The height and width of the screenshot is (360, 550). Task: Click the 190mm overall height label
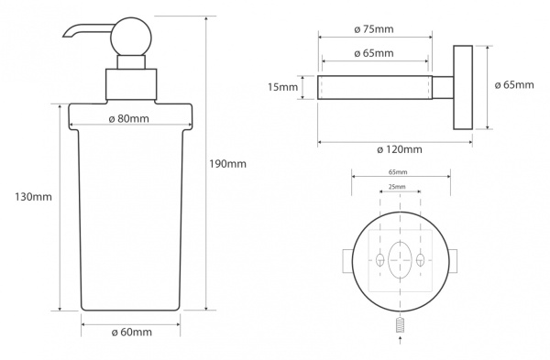pyautogui.click(x=227, y=164)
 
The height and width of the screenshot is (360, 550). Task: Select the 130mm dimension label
pyautogui.click(x=33, y=197)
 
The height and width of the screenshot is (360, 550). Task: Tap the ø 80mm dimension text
pyautogui.click(x=128, y=119)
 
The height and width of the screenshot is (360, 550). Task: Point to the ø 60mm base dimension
pyautogui.click(x=131, y=332)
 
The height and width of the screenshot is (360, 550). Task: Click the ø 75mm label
pyautogui.click(x=374, y=29)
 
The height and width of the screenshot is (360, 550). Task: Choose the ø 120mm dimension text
pyautogui.click(x=400, y=149)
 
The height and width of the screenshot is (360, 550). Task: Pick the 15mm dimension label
pyautogui.click(x=282, y=87)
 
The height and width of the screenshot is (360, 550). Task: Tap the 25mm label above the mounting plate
pyautogui.click(x=397, y=187)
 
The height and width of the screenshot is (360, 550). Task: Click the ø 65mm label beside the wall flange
pyautogui.click(x=514, y=85)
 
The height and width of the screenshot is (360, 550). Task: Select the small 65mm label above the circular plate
pyautogui.click(x=398, y=172)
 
